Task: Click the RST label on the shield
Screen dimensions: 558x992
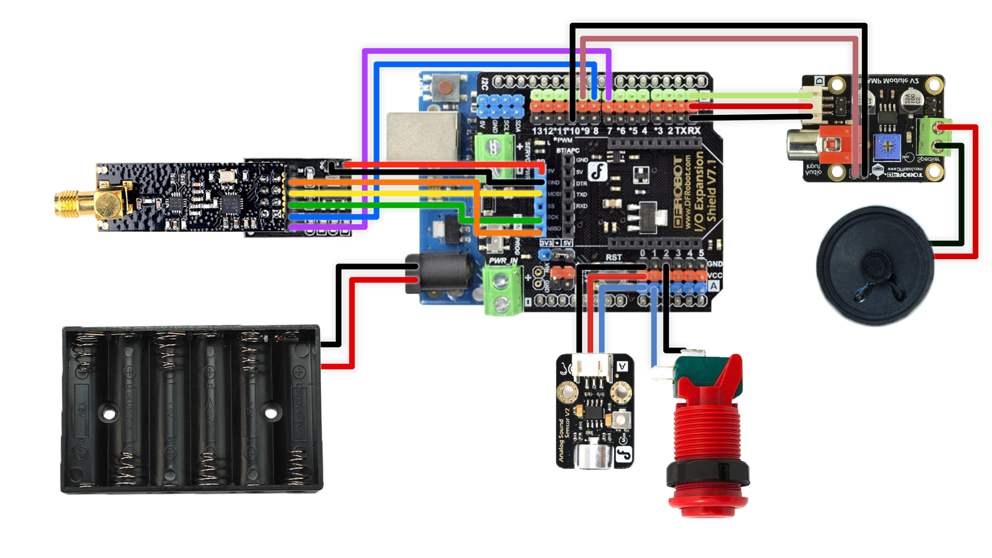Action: point(613,257)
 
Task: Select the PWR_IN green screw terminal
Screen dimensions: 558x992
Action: point(501,292)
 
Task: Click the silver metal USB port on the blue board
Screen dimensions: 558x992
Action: point(422,136)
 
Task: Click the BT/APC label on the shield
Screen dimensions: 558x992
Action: point(567,150)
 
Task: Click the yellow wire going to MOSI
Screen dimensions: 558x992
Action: point(413,193)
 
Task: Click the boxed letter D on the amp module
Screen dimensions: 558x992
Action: point(819,81)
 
